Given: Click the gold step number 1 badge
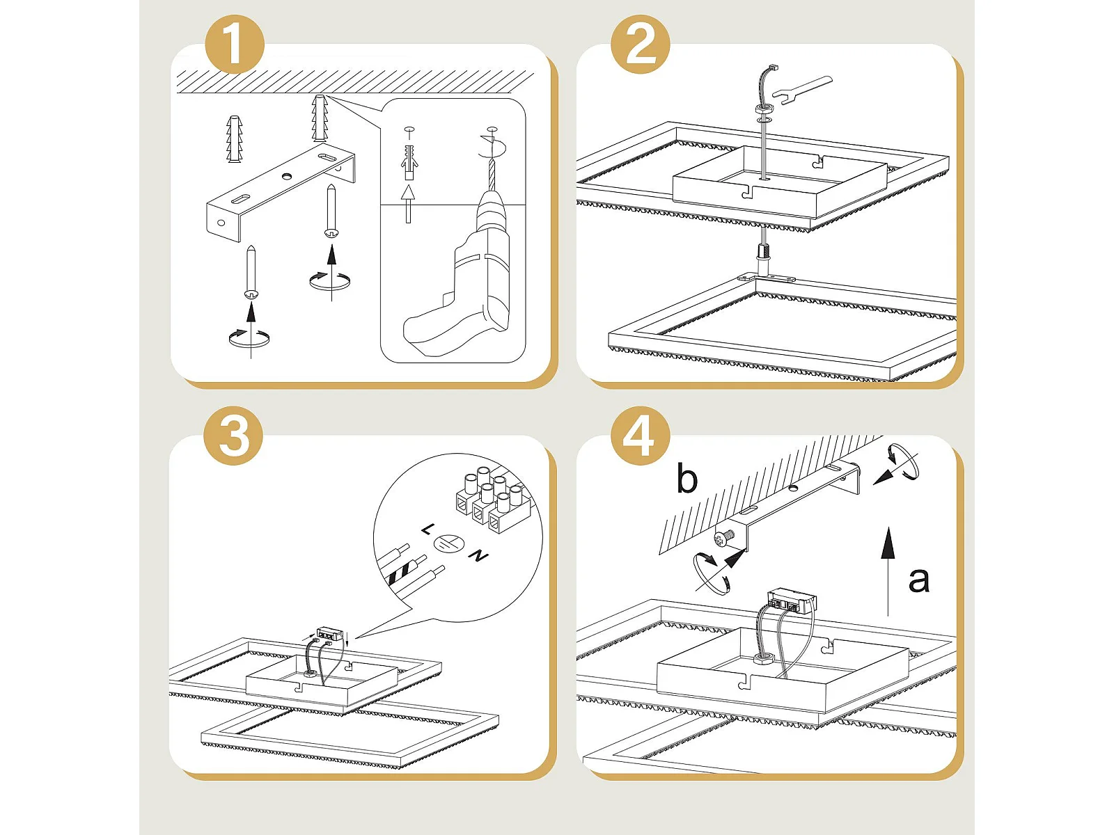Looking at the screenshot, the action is [x=235, y=44].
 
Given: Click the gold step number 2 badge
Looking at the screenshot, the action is [x=640, y=44].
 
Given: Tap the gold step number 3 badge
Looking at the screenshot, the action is [x=233, y=435].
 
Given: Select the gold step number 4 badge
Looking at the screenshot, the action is [x=640, y=435].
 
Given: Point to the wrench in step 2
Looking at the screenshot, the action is [x=802, y=89].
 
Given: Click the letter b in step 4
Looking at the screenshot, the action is [x=687, y=477].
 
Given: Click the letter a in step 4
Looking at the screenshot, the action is [x=918, y=580].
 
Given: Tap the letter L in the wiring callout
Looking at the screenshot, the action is [x=427, y=530].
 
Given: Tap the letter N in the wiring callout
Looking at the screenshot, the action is [x=478, y=556].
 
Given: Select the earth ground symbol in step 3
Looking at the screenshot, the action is [x=449, y=543].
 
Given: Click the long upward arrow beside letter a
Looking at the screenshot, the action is [x=888, y=571].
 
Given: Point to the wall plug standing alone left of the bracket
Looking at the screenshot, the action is [x=234, y=139].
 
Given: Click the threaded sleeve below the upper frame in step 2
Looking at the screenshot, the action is [x=764, y=259].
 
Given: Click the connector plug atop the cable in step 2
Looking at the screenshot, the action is [x=773, y=67].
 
